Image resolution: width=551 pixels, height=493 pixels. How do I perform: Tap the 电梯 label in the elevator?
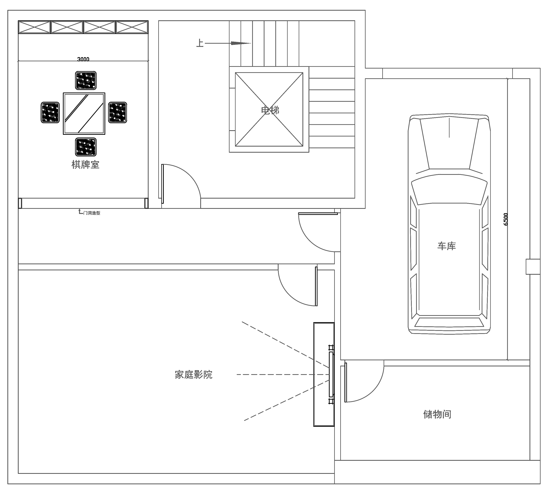pos(270,110)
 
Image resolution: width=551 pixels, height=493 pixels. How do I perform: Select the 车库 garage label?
pos(447,246)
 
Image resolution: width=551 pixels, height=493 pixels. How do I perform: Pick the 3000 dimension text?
pos(83,59)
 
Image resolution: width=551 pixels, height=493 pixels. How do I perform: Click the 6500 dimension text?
pos(505,219)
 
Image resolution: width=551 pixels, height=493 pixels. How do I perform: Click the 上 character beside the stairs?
pos(200,43)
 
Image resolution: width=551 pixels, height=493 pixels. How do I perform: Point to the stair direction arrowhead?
pos(241,43)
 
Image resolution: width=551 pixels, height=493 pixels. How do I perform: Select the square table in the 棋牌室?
pos(84,114)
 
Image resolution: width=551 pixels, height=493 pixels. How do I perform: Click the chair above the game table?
pos(86,80)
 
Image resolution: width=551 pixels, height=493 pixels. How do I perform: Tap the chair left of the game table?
pos(50,112)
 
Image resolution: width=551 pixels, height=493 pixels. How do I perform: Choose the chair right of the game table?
pos(118,112)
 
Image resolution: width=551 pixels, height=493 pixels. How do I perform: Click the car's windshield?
pos(449,189)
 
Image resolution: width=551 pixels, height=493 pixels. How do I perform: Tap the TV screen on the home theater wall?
pos(331,374)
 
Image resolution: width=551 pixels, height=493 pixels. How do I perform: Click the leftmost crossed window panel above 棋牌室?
pos(34,27)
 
